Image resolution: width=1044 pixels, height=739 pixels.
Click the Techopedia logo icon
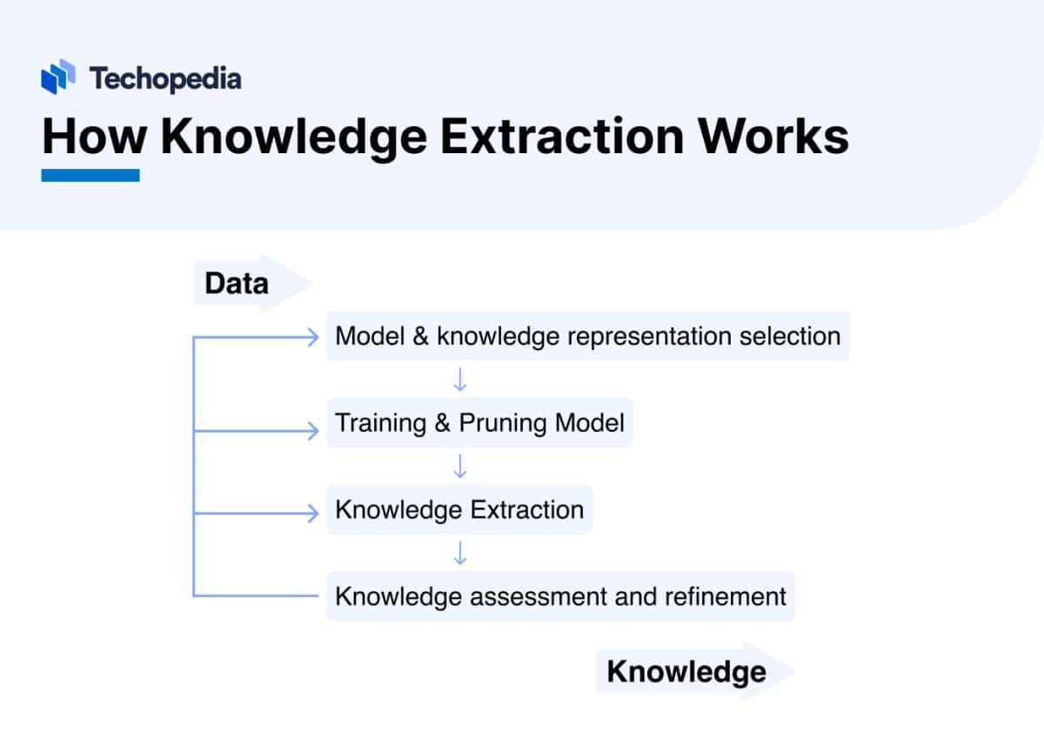[x=58, y=78]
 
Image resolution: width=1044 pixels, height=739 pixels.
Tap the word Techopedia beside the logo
[x=165, y=79]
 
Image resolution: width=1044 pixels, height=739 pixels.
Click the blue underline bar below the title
[x=90, y=175]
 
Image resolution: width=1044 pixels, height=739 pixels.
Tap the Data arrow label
[x=237, y=283]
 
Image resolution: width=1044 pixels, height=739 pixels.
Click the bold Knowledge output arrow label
[x=686, y=671]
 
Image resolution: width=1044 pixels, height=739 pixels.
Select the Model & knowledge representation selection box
[x=587, y=336]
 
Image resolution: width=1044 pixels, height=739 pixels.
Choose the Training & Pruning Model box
[x=479, y=423]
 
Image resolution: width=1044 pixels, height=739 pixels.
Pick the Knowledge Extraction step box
[x=459, y=509]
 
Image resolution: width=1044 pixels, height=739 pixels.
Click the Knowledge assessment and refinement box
[x=560, y=596]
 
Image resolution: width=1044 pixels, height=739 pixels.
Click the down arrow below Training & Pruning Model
[x=460, y=467]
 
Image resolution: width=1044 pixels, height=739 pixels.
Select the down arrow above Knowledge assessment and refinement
[x=460, y=554]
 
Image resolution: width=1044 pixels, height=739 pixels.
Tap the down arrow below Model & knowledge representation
[x=460, y=380]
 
